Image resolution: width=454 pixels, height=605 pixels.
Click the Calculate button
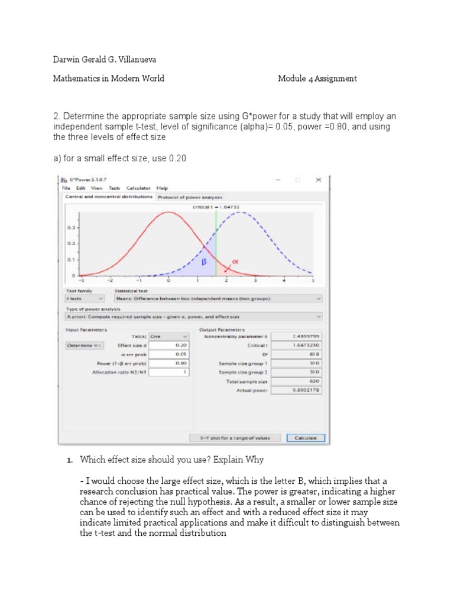point(305,438)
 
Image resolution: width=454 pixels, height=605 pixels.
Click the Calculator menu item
point(139,188)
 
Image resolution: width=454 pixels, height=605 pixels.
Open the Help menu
point(162,188)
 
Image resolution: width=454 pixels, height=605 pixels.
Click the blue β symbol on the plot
point(203,262)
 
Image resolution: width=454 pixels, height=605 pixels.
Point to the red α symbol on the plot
point(234,260)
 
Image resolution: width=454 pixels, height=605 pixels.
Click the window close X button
point(318,180)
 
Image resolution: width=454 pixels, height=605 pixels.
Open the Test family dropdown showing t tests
point(85,298)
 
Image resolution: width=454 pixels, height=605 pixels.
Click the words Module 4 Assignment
point(317,79)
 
